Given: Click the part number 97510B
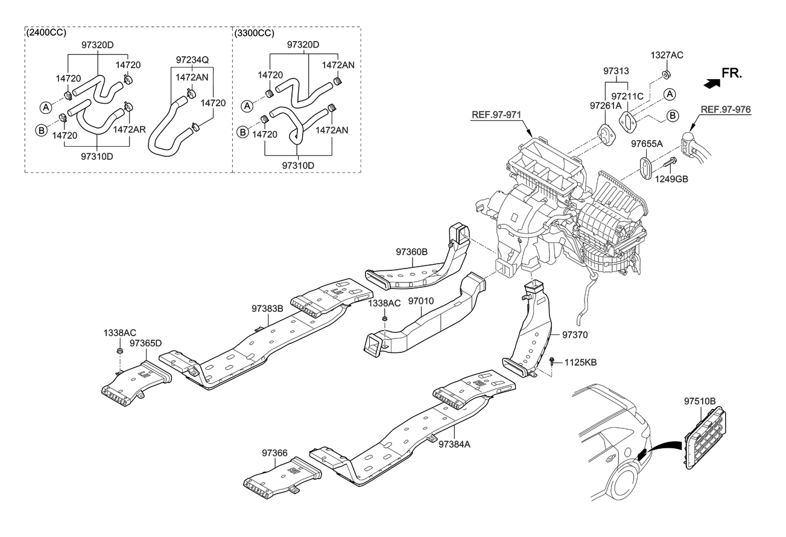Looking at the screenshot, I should coord(700,401).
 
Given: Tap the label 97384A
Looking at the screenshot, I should coord(454,444).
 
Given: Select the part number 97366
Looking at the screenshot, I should coord(274,452).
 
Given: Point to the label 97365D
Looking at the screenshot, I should coord(145,343).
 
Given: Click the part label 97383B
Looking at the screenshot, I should coord(267,308).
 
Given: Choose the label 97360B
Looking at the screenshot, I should coord(412,252).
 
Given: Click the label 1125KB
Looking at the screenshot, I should coord(580,363).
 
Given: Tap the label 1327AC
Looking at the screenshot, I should coord(667,55).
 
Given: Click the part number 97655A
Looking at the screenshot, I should coord(647,144).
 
